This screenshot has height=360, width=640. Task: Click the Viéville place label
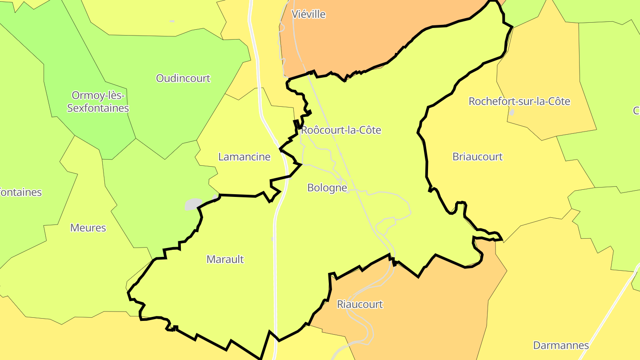(x=308, y=14)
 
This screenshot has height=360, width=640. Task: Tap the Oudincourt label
(x=183, y=78)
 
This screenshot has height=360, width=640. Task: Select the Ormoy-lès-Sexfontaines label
(x=98, y=102)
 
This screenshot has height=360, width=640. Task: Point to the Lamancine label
(x=244, y=156)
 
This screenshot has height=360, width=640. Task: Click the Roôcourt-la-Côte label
(x=341, y=130)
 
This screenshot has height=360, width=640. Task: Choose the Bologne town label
(x=327, y=188)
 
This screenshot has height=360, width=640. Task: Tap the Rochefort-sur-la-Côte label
(x=519, y=101)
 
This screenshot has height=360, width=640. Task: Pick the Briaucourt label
(x=477, y=156)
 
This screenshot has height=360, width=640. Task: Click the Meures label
(x=88, y=228)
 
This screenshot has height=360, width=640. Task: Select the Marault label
(x=225, y=259)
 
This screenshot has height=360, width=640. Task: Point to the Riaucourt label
(x=360, y=304)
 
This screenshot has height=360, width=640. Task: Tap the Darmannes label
(x=560, y=345)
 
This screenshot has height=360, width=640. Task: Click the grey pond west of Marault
(x=193, y=204)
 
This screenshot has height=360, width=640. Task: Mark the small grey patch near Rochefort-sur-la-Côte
(x=512, y=112)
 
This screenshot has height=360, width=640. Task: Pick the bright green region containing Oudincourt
(x=187, y=107)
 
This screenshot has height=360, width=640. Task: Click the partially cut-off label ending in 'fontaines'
(x=20, y=192)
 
